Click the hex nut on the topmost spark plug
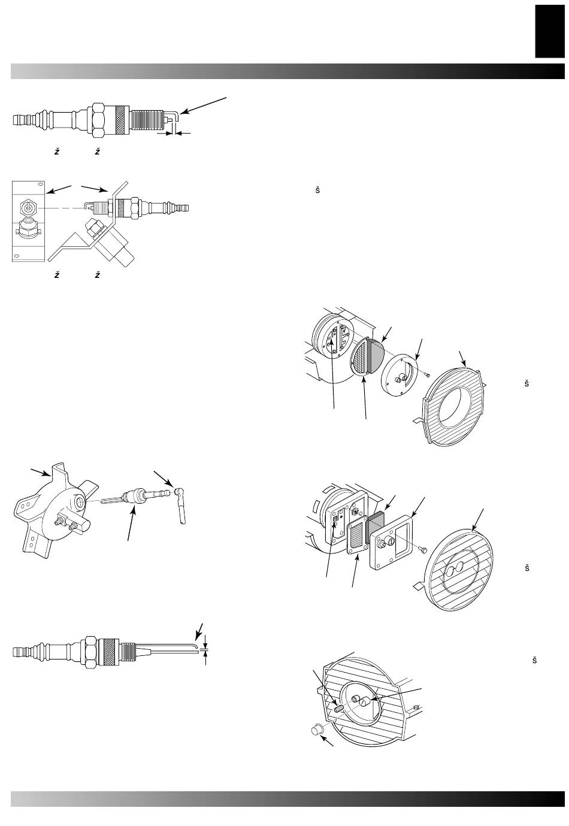tap(99, 120)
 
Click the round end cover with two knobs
tap(399, 376)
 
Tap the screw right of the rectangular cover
tap(425, 550)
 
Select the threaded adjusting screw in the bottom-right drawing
tap(338, 708)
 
